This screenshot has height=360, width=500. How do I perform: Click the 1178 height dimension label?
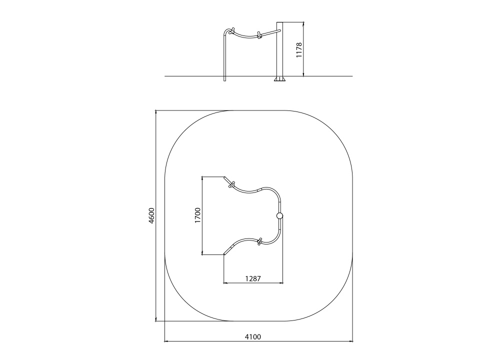click(x=299, y=49)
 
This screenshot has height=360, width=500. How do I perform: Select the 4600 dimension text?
click(x=151, y=215)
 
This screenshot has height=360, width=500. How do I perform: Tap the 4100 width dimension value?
click(x=253, y=336)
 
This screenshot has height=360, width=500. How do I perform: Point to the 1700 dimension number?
click(x=197, y=215)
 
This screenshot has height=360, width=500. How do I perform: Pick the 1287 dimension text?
click(x=253, y=278)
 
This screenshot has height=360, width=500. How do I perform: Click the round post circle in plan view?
click(x=279, y=216)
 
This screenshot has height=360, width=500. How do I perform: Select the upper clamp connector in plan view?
click(x=231, y=185)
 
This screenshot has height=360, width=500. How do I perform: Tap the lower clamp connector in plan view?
click(x=259, y=241)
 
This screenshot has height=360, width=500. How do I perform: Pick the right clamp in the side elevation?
click(x=259, y=35)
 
